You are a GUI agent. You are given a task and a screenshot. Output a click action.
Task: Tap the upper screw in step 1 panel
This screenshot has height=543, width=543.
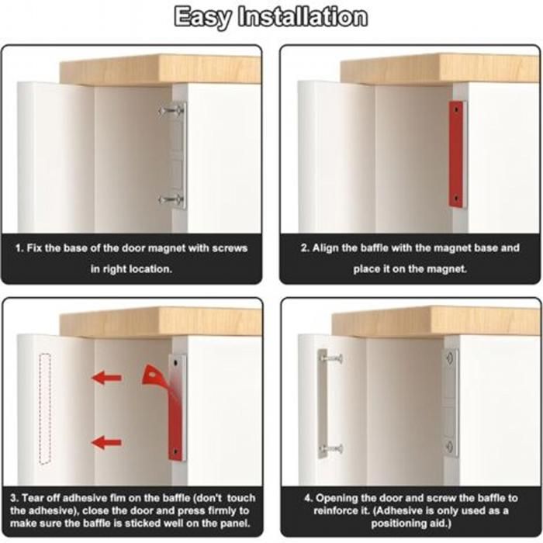(x=171, y=111)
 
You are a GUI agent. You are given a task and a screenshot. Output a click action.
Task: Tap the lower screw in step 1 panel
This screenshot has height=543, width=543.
(x=171, y=199)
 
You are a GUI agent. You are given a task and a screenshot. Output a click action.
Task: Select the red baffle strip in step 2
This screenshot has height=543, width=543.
(x=456, y=154)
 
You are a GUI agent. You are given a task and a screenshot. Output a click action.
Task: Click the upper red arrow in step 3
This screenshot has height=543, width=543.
(x=107, y=377)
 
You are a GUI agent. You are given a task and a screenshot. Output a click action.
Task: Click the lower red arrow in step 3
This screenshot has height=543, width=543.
(x=107, y=443)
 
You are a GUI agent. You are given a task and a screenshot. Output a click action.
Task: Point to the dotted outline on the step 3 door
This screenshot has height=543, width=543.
(x=45, y=409)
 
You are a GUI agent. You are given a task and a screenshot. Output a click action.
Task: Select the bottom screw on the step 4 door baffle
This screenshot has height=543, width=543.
(x=333, y=449)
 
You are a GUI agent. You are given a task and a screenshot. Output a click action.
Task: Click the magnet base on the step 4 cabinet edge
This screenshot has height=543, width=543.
(x=451, y=403)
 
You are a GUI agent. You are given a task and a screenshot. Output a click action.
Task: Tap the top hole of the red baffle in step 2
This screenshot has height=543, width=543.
(x=456, y=109)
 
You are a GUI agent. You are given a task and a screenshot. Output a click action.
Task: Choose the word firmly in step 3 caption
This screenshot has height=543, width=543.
(x=216, y=510)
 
